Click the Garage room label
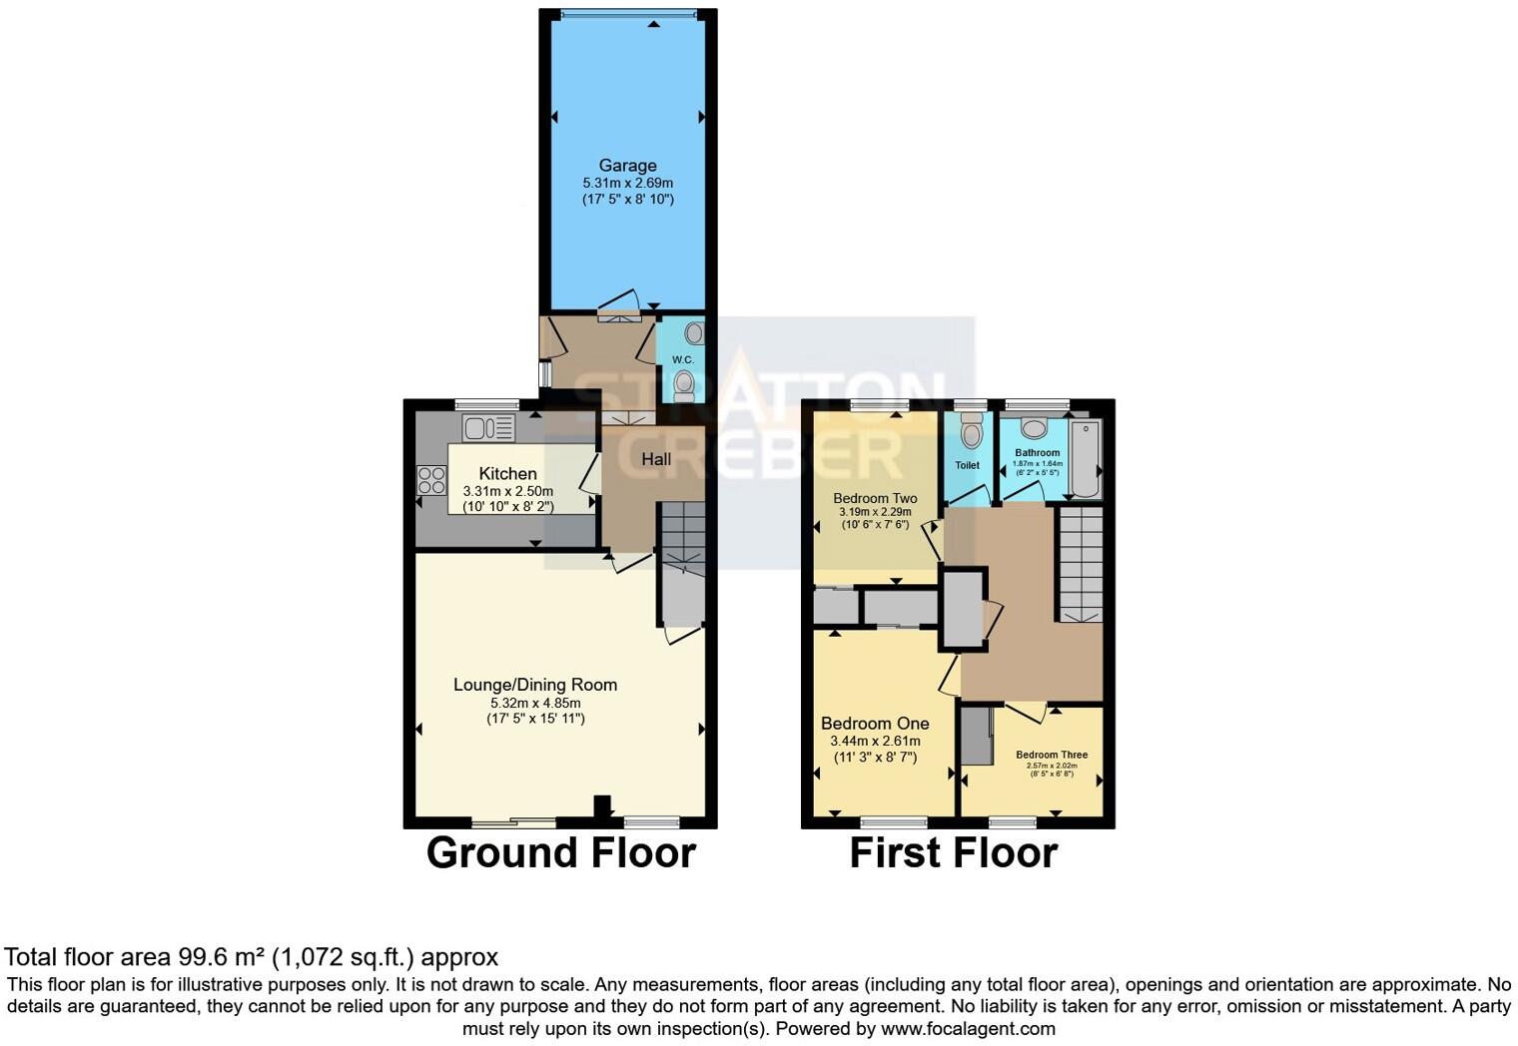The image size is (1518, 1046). [x=627, y=166]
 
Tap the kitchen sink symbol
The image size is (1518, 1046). [x=488, y=428]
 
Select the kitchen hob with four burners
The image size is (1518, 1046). [x=431, y=480]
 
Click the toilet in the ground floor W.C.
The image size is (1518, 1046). [x=684, y=384]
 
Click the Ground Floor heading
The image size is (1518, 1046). [x=560, y=853]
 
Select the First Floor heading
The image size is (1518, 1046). [x=953, y=853]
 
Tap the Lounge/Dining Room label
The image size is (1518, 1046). [x=535, y=685]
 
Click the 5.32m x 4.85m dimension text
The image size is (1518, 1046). [x=535, y=703]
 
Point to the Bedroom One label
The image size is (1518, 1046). [x=875, y=724]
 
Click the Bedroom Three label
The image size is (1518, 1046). [x=1052, y=755]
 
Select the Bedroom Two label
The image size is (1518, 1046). [x=875, y=498]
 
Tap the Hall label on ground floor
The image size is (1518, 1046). [x=656, y=459]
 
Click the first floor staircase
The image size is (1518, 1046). [x=1080, y=564]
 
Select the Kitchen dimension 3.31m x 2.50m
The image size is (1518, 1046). [x=507, y=491]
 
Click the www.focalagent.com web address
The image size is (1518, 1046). [x=968, y=1028]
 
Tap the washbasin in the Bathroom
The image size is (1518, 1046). [x=1034, y=429]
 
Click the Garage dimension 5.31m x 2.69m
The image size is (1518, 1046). [x=627, y=184]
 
